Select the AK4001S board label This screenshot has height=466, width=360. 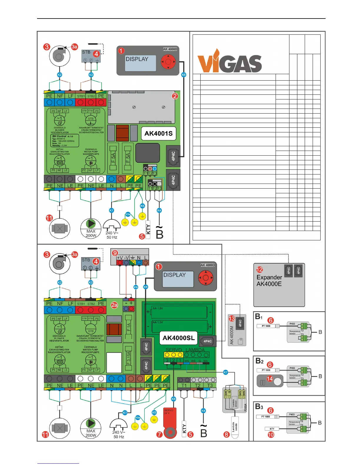pos(159,133)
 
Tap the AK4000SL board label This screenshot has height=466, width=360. pos(179,338)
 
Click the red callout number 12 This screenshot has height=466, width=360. pos(259,269)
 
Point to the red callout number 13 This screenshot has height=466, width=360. pos(232,318)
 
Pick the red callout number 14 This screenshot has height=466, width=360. pos(270,379)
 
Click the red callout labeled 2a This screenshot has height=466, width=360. pos(114,305)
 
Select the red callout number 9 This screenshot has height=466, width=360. pos(115,253)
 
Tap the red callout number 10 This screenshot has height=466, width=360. pos(271,435)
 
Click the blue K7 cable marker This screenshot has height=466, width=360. pos(226,372)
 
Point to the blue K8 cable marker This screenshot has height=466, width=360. pos(173,399)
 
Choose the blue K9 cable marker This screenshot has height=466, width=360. pos(136,287)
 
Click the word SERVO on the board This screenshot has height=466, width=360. pos(174,350)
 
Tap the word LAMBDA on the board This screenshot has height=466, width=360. pos(195,350)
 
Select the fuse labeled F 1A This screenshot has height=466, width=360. pos(129,327)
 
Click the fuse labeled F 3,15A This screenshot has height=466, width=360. pos(129,358)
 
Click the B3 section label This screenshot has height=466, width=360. pos(259,407)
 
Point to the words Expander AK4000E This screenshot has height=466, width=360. pos(269,280)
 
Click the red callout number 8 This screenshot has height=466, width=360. pos(226,435)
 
